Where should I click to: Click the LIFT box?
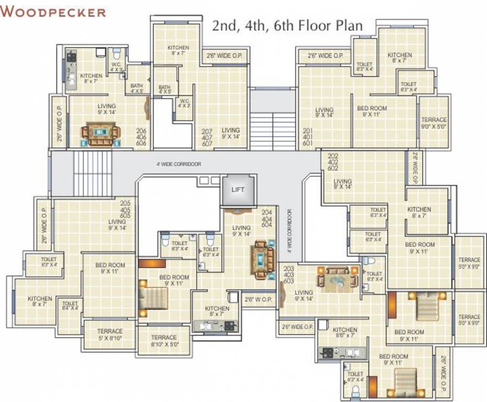[238, 189]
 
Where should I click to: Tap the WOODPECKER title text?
[53, 12]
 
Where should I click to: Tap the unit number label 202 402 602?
[333, 162]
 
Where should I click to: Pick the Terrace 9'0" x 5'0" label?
[434, 123]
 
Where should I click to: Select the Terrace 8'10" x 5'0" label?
[164, 341]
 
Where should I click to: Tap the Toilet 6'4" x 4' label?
[70, 306]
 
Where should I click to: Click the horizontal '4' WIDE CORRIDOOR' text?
[179, 164]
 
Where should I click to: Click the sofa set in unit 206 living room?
[100, 135]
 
